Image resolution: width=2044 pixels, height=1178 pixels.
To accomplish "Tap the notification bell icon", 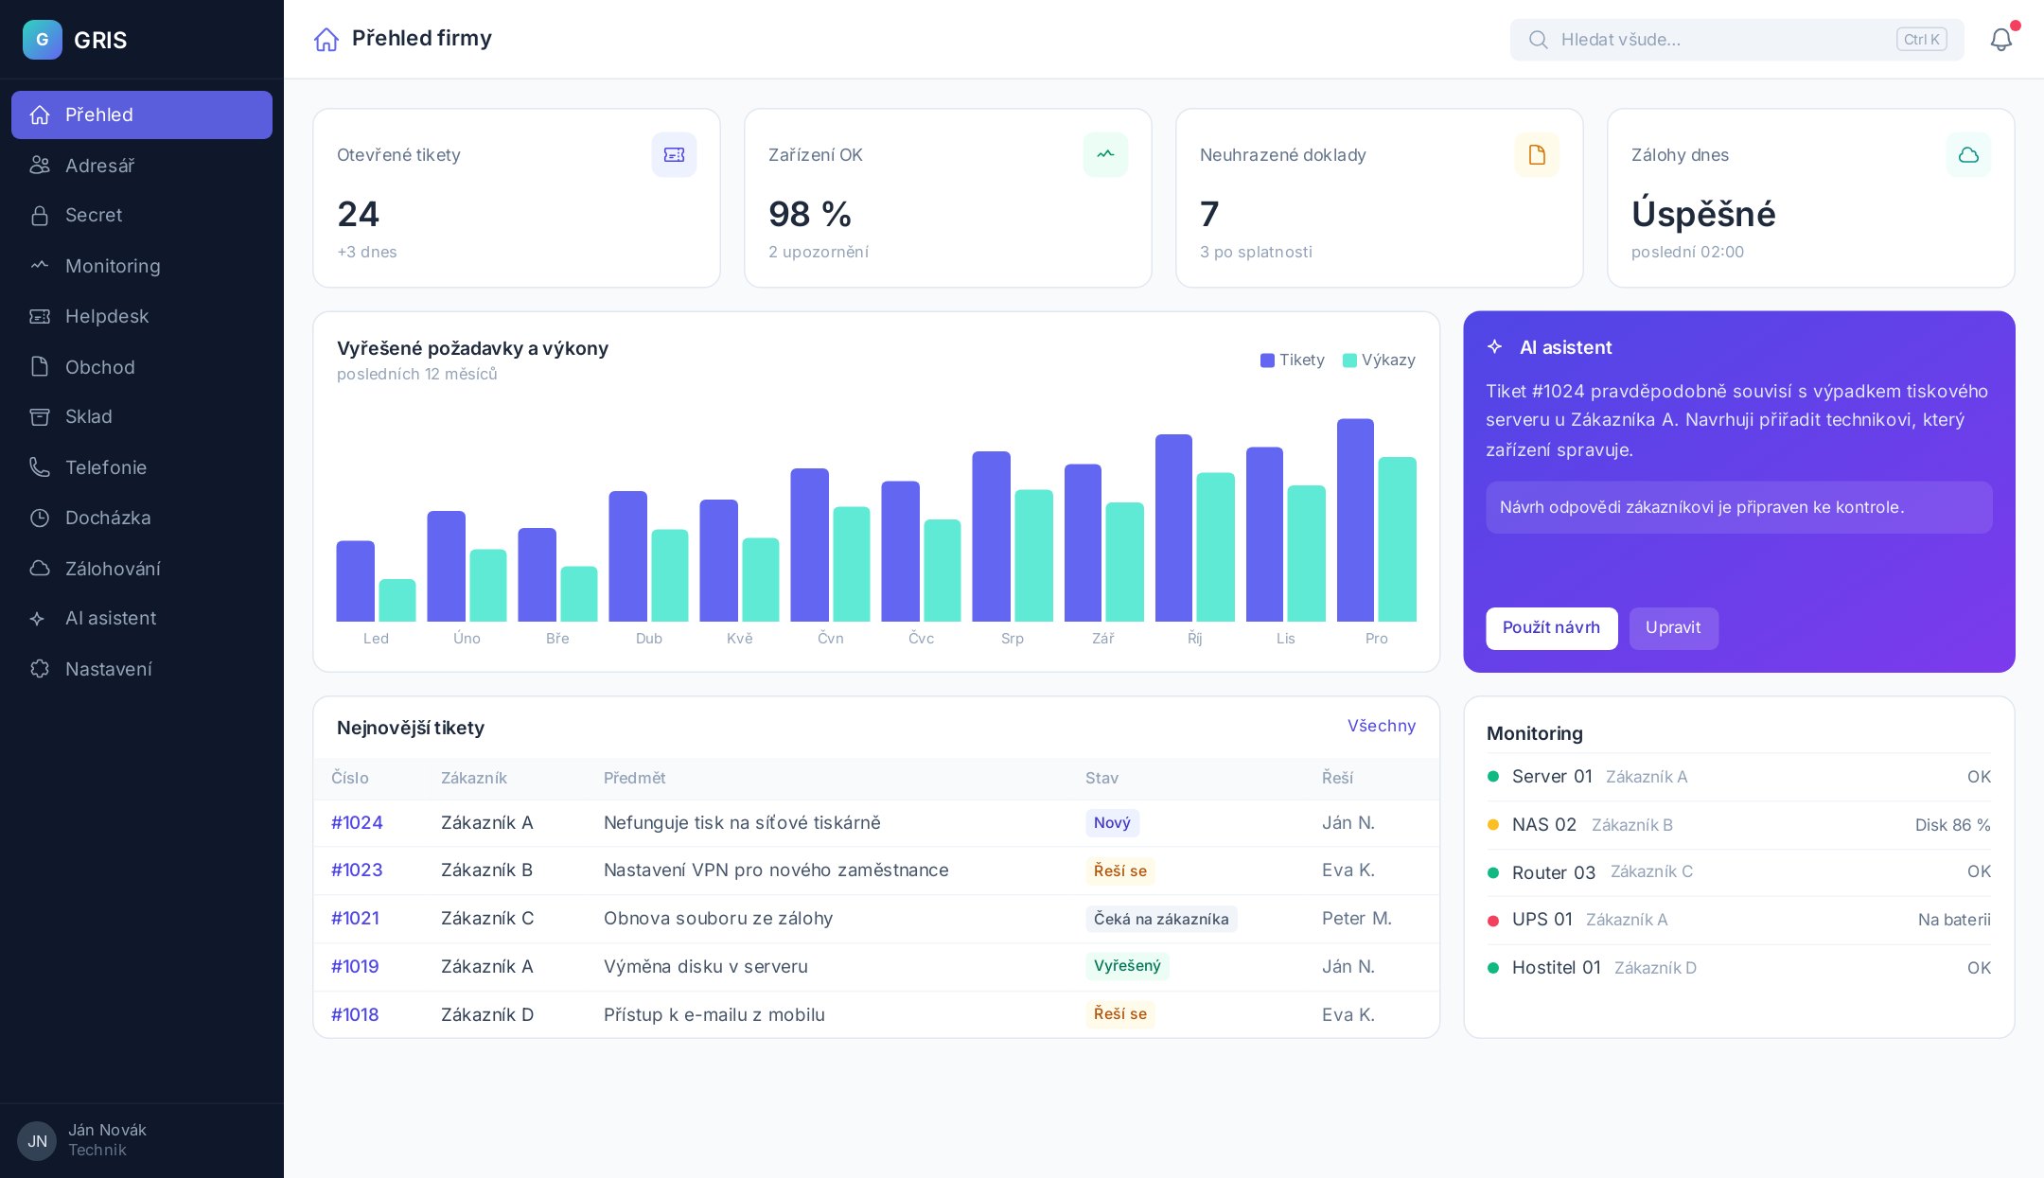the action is pyautogui.click(x=2000, y=40).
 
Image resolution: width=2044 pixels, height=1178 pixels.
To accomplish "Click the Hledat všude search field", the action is pyautogui.click(x=1736, y=40).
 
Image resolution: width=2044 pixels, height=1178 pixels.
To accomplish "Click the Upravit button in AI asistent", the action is pyautogui.click(x=1673, y=628).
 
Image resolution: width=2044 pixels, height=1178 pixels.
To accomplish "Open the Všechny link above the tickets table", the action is pyautogui.click(x=1382, y=726).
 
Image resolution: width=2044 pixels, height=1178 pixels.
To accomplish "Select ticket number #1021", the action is pyautogui.click(x=355, y=918).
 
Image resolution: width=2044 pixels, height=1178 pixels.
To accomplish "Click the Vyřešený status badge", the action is pyautogui.click(x=1127, y=966).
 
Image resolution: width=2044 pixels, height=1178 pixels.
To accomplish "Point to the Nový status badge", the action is pyautogui.click(x=1112, y=823).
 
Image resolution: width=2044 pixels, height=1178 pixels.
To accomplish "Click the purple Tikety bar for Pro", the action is pyautogui.click(x=1355, y=520).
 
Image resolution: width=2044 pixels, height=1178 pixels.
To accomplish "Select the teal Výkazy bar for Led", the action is pyautogui.click(x=397, y=601).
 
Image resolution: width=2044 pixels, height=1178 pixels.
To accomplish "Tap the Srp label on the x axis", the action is pyautogui.click(x=1013, y=639).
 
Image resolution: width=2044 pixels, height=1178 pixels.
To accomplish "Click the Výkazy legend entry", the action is pyautogui.click(x=1379, y=360).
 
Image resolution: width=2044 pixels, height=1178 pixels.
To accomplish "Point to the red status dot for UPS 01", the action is pyautogui.click(x=1493, y=921).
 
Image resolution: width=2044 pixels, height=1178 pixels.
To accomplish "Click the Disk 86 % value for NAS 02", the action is pyautogui.click(x=1952, y=825).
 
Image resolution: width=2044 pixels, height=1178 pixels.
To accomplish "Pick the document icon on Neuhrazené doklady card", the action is pyautogui.click(x=1537, y=154).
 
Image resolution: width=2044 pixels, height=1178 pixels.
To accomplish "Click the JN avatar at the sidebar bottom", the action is pyautogui.click(x=37, y=1141).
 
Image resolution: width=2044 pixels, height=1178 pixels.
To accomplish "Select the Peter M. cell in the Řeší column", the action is pyautogui.click(x=1357, y=918).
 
